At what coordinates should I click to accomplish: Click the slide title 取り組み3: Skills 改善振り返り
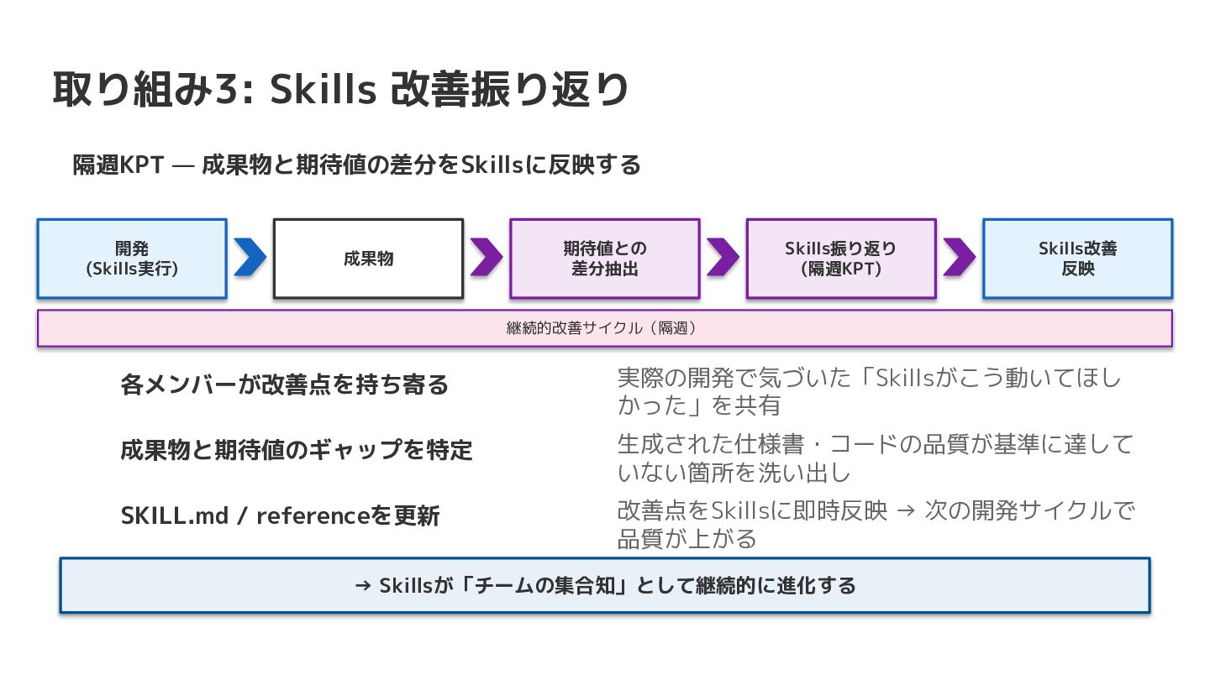click(x=340, y=90)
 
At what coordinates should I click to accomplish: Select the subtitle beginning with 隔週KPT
click(x=356, y=165)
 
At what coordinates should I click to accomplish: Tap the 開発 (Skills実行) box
click(x=132, y=259)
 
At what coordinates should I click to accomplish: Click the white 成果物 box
click(x=368, y=259)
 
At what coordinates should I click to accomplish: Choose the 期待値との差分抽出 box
click(x=605, y=259)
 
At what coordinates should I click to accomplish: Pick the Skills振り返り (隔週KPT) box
click(x=841, y=259)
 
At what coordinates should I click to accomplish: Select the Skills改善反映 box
click(x=1077, y=259)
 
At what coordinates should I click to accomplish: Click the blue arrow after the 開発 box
click(x=250, y=258)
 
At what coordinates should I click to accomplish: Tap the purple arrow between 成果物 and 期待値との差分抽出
click(x=486, y=258)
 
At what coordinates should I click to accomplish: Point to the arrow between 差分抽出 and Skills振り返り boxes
click(x=723, y=258)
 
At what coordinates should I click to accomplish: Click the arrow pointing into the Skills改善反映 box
click(x=959, y=258)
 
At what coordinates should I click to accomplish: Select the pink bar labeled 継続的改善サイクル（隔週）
click(x=604, y=328)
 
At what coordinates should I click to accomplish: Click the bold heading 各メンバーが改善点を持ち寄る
click(x=285, y=385)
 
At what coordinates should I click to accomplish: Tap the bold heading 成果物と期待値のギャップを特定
click(x=297, y=450)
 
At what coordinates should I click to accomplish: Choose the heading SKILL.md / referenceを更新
click(x=280, y=515)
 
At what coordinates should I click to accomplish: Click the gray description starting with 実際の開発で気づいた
click(x=869, y=391)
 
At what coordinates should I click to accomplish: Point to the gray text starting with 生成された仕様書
click(x=875, y=458)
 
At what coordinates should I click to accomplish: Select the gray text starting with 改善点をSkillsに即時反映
click(x=875, y=523)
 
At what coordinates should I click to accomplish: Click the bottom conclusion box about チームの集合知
click(x=604, y=585)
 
